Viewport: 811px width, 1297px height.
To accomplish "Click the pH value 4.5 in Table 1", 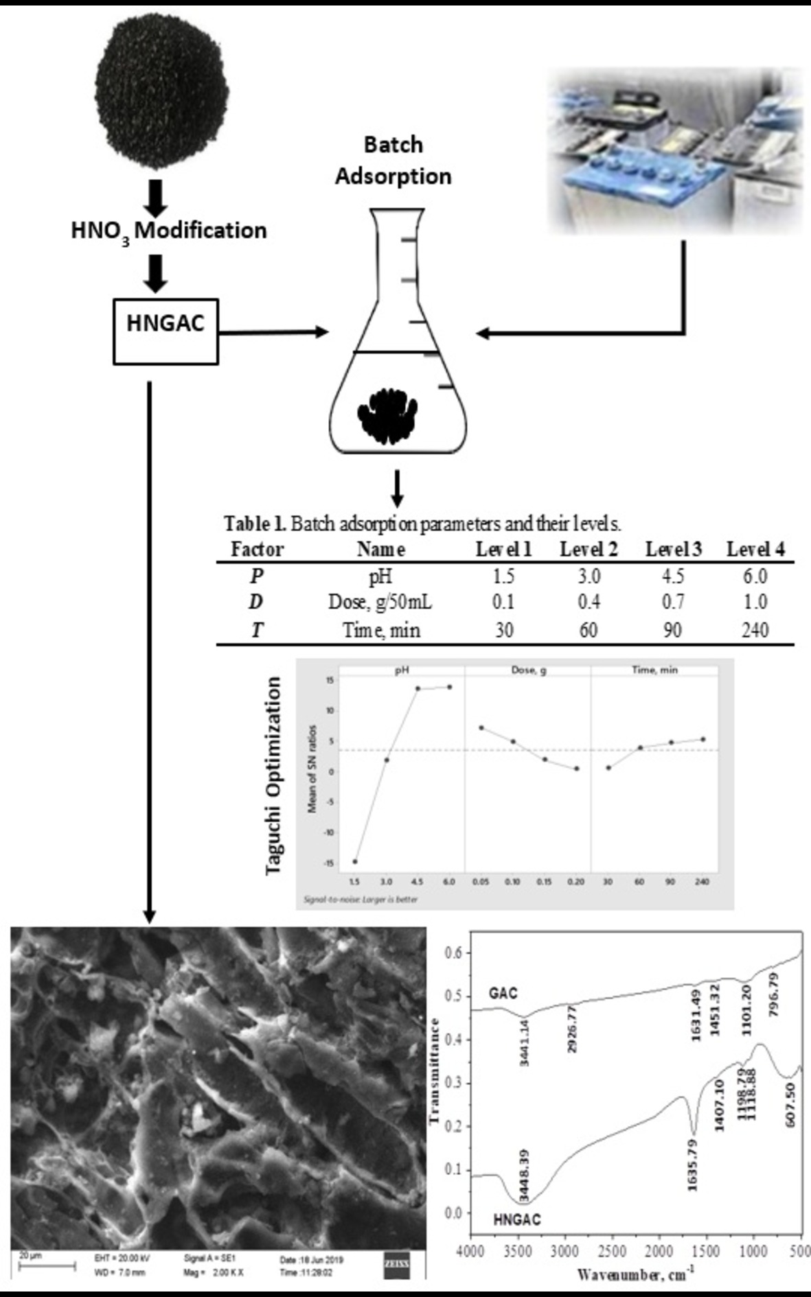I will click(672, 575).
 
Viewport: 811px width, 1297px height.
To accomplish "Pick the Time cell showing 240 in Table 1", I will click(755, 629).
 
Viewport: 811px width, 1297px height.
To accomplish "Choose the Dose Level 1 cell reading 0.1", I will click(503, 602).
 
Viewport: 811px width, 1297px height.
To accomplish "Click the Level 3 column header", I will click(673, 549).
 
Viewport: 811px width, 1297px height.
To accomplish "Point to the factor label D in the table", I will click(255, 602).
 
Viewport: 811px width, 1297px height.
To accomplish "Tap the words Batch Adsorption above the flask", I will click(393, 161).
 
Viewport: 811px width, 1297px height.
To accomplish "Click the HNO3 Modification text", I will click(169, 231).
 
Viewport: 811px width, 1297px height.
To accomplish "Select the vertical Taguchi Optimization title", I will click(274, 775).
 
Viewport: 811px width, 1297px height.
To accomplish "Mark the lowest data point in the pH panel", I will click(355, 861).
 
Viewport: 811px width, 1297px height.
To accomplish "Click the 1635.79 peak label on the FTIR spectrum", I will click(692, 1165).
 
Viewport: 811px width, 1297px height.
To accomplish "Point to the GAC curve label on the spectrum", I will click(503, 993).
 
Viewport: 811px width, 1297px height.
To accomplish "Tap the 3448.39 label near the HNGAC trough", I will click(524, 1176).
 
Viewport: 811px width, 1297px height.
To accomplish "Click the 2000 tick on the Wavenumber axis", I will click(659, 1251).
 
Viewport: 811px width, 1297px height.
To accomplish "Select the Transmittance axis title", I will click(433, 1071).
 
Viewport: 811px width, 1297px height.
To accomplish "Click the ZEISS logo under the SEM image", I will click(396, 1264).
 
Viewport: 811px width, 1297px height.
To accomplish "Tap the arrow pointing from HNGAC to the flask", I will click(274, 332).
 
